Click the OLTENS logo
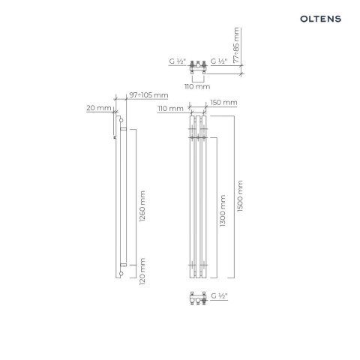point(320,19)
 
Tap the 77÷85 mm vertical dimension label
point(236,45)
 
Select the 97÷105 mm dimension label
point(148,95)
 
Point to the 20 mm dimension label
point(99,108)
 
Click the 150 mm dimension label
point(223,103)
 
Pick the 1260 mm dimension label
point(142,206)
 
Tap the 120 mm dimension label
point(142,271)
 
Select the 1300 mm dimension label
point(223,211)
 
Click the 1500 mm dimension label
point(240,196)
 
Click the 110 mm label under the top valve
point(197,86)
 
